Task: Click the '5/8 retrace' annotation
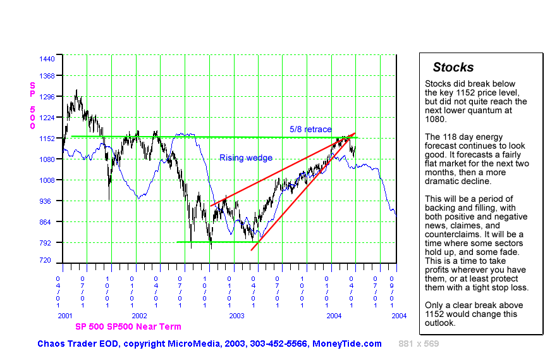310,130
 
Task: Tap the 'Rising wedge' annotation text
246,158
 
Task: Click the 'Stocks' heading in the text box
453,68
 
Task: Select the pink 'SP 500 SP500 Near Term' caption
128,326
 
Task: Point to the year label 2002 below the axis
139,315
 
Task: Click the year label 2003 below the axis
236,315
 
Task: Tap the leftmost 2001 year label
65,315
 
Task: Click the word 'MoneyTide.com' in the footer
347,344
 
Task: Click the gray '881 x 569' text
419,344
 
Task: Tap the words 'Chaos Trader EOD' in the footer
77,344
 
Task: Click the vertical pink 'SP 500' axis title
32,106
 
